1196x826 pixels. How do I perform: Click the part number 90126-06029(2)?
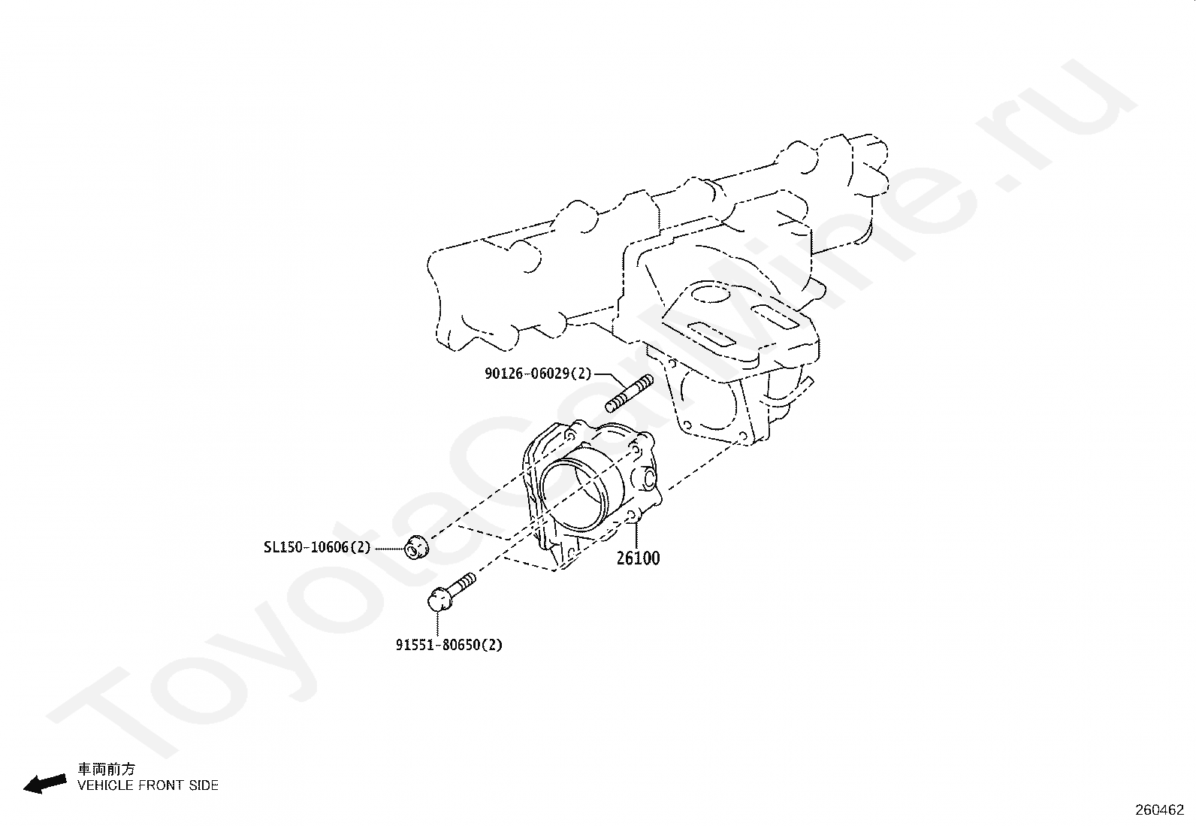point(538,373)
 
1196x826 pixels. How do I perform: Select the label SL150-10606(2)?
point(317,547)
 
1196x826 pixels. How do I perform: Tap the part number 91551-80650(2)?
point(449,644)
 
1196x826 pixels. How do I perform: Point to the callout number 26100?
point(639,558)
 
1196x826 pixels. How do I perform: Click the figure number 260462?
point(1159,810)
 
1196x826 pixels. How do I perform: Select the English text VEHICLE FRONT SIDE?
point(148,785)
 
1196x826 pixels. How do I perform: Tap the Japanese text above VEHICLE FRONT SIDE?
point(107,769)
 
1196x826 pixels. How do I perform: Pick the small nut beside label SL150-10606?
point(415,547)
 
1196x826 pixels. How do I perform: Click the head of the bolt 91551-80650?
point(439,599)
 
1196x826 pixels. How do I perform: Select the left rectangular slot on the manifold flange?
point(714,332)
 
